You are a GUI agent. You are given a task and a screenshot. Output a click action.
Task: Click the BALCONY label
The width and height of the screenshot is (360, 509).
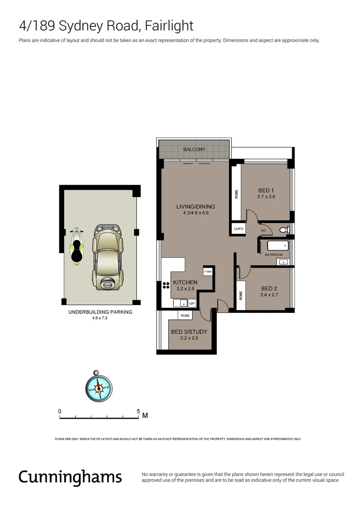tap(194, 149)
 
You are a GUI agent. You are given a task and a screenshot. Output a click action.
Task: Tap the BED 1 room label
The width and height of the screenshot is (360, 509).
tap(266, 190)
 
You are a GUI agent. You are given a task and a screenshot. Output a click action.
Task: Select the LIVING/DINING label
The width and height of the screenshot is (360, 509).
tap(196, 206)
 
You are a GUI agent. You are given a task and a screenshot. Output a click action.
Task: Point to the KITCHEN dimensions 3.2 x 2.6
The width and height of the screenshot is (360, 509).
tap(185, 288)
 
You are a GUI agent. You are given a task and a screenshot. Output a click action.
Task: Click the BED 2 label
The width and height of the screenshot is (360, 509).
tap(269, 288)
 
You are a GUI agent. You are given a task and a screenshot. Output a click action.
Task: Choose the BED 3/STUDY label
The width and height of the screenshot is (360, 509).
tap(189, 332)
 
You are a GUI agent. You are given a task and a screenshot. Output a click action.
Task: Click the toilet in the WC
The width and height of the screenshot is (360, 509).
tap(284, 230)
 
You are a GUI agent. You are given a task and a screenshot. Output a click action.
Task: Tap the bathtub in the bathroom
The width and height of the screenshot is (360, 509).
tap(278, 246)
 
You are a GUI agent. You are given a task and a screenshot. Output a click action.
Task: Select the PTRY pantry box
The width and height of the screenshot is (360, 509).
tap(208, 272)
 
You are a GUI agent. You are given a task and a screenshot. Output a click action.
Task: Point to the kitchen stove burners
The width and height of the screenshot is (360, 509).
tap(166, 285)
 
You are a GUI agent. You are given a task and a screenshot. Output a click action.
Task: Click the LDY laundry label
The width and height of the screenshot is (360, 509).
tap(192, 304)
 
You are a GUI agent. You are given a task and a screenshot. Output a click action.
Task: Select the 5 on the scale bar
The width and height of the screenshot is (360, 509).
tap(139, 411)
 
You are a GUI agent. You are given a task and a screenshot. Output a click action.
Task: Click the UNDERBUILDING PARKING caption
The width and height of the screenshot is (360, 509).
tap(100, 312)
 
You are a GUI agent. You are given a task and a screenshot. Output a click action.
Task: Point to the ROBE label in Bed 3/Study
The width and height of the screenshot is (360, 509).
tap(185, 316)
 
